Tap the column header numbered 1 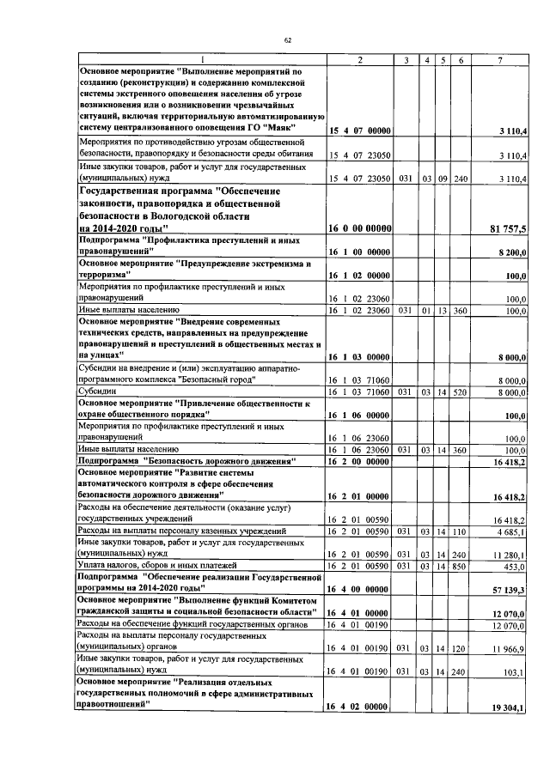203,59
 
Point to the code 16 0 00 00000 360,228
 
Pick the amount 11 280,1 513,555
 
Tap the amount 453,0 517,568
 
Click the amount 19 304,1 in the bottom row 512,707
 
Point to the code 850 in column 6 461,568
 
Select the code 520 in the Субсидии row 461,392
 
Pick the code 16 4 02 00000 360,707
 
